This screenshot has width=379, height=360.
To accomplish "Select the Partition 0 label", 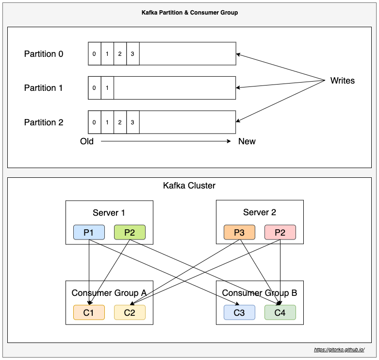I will pyautogui.click(x=44, y=54).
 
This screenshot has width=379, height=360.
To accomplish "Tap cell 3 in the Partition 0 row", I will pyautogui.click(x=132, y=54).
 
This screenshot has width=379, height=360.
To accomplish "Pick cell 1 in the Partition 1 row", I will pyautogui.click(x=107, y=88).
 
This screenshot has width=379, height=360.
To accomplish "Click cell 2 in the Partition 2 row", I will pyautogui.click(x=120, y=122).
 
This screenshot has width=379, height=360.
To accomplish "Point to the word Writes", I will pyautogui.click(x=342, y=81).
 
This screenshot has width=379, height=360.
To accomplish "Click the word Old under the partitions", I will pyautogui.click(x=87, y=141).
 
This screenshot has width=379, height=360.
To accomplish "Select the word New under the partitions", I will pyautogui.click(x=247, y=141).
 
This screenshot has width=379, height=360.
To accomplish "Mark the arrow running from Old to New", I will pyautogui.click(x=165, y=141).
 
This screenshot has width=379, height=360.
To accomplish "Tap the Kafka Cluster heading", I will pyautogui.click(x=189, y=186).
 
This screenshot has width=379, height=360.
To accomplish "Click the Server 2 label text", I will pyautogui.click(x=260, y=212).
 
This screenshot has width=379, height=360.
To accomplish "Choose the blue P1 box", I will pyautogui.click(x=89, y=232).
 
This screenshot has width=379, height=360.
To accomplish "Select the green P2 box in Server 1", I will pyautogui.click(x=130, y=232).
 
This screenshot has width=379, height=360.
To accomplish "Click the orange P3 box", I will pyautogui.click(x=239, y=232).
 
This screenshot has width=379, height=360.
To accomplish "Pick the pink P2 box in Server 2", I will pyautogui.click(x=280, y=232).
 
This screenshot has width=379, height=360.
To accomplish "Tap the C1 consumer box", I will pyautogui.click(x=89, y=312).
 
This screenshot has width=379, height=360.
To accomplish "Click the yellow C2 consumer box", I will pyautogui.click(x=130, y=312).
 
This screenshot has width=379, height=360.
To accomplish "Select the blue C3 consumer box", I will pyautogui.click(x=239, y=312).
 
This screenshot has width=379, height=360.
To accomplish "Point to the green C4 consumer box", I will pyautogui.click(x=280, y=312).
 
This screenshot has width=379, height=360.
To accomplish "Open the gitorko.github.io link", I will pyautogui.click(x=339, y=350).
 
